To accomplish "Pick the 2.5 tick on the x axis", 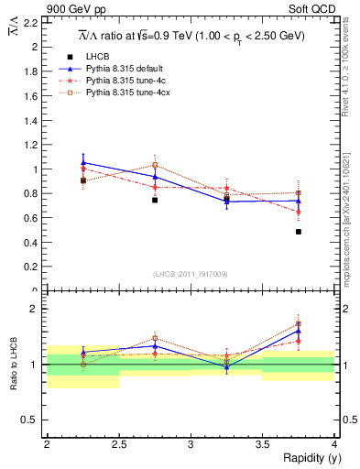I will pos(118,444).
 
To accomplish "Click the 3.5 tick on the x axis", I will pos(262,444).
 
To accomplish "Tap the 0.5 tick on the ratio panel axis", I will pos(34,420).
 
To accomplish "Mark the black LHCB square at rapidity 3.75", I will pos(299,232).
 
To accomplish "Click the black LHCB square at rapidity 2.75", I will pos(155,200).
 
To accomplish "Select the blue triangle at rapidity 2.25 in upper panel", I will pos(83,162).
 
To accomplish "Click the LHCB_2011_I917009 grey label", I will pos(191,274).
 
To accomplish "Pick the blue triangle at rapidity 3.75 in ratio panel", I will pos(299,331).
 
